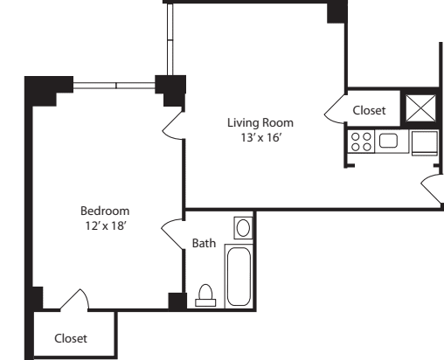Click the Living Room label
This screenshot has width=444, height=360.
260,122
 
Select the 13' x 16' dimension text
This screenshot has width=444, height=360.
260,137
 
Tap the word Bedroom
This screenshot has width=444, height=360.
105,211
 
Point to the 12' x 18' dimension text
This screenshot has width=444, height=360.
105,225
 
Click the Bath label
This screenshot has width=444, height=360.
203,243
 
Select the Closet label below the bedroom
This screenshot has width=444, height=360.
71,337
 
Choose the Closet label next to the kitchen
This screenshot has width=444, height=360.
369,110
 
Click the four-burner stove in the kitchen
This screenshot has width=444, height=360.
361,142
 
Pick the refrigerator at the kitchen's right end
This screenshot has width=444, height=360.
426,142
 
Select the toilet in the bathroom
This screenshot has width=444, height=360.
205,295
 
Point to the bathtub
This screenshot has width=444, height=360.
239,275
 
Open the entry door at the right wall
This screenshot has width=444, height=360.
431,185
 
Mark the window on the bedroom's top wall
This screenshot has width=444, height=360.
114,85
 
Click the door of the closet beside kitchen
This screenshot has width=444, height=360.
336,107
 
